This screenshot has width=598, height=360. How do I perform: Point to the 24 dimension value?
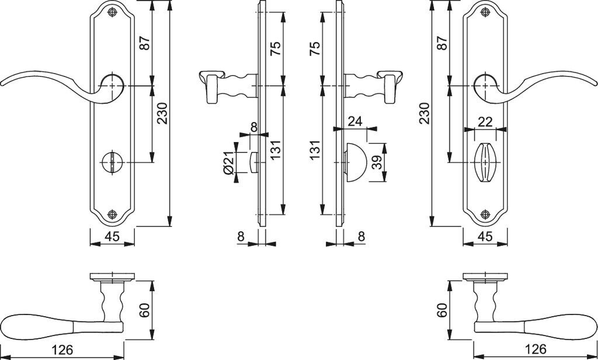pos(355,121)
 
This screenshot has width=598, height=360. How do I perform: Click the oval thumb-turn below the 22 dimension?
pos(484,158)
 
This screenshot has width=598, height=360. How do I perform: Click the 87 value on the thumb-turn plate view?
pos(441,43)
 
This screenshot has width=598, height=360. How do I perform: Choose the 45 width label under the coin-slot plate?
pos(112,237)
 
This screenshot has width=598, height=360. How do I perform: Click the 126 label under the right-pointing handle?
pos(535,349)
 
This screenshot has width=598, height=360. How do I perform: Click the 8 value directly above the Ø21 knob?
pos(253,126)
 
